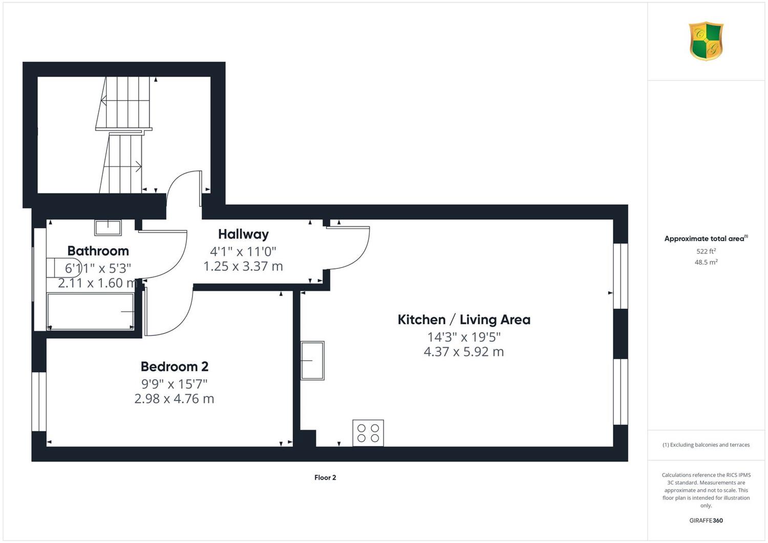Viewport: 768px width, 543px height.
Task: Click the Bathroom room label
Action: coord(98,250)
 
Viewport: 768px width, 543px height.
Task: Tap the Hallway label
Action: coord(243,234)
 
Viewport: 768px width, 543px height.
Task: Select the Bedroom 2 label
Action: coord(175,366)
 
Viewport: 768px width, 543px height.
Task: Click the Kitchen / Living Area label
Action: coord(464,319)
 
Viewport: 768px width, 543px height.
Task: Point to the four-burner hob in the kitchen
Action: coord(368,433)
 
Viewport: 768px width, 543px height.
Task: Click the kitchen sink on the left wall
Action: coord(312,361)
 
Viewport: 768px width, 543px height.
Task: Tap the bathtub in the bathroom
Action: coord(91,311)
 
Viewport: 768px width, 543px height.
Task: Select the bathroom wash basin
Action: coord(108,228)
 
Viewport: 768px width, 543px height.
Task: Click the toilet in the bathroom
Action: coord(64,267)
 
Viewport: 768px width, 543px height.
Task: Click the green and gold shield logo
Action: coord(706,41)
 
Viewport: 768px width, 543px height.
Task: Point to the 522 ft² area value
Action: coord(706,251)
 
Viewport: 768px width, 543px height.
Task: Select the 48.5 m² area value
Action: coord(706,262)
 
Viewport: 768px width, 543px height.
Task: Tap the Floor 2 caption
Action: coord(325,477)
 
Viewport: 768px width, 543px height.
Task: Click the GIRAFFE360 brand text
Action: coord(706,520)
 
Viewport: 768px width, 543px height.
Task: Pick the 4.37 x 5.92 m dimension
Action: coord(464,351)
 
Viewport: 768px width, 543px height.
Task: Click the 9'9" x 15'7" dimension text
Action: coord(175,384)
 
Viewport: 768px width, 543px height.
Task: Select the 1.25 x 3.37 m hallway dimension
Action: coord(243,266)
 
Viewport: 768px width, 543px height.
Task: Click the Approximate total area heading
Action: coord(706,238)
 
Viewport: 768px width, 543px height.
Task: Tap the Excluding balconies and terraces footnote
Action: coord(706,445)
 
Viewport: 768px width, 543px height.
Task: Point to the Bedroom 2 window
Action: coord(39,401)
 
